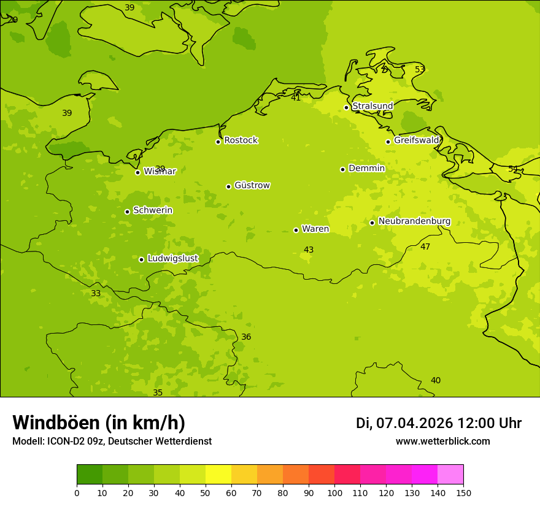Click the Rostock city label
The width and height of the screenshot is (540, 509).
click(241, 140)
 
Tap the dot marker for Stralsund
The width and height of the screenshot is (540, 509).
click(346, 107)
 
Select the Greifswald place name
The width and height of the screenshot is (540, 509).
click(416, 140)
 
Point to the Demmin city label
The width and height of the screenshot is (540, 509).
click(366, 169)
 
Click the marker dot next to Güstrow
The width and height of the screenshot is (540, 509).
click(228, 186)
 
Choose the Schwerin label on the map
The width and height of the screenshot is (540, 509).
click(153, 210)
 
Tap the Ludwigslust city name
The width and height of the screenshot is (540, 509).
click(172, 258)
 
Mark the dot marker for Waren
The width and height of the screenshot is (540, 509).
click(296, 230)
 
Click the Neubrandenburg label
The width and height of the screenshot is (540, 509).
click(414, 221)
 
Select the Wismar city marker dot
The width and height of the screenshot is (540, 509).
click(137, 172)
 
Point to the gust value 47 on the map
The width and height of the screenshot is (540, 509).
click(425, 247)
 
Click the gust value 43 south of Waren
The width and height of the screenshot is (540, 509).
click(309, 250)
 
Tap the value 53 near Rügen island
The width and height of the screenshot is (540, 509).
click(420, 69)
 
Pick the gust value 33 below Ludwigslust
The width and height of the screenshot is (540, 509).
click(96, 293)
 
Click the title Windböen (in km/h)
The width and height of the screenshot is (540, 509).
click(99, 423)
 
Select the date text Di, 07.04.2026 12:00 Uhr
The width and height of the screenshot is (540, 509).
click(438, 423)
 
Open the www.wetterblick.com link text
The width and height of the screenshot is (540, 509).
click(442, 442)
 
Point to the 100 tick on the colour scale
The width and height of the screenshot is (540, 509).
click(334, 492)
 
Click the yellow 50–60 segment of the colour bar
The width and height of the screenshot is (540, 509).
click(218, 474)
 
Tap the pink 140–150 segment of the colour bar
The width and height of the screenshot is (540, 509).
click(450, 474)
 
